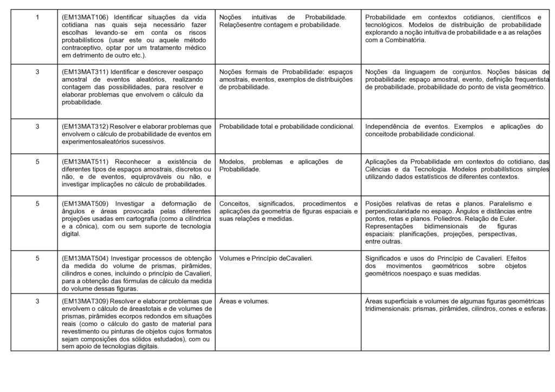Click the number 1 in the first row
click(37, 18)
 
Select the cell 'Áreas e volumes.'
click(246, 301)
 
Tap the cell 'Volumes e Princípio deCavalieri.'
click(266, 258)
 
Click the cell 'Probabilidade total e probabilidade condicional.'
click(287, 127)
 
